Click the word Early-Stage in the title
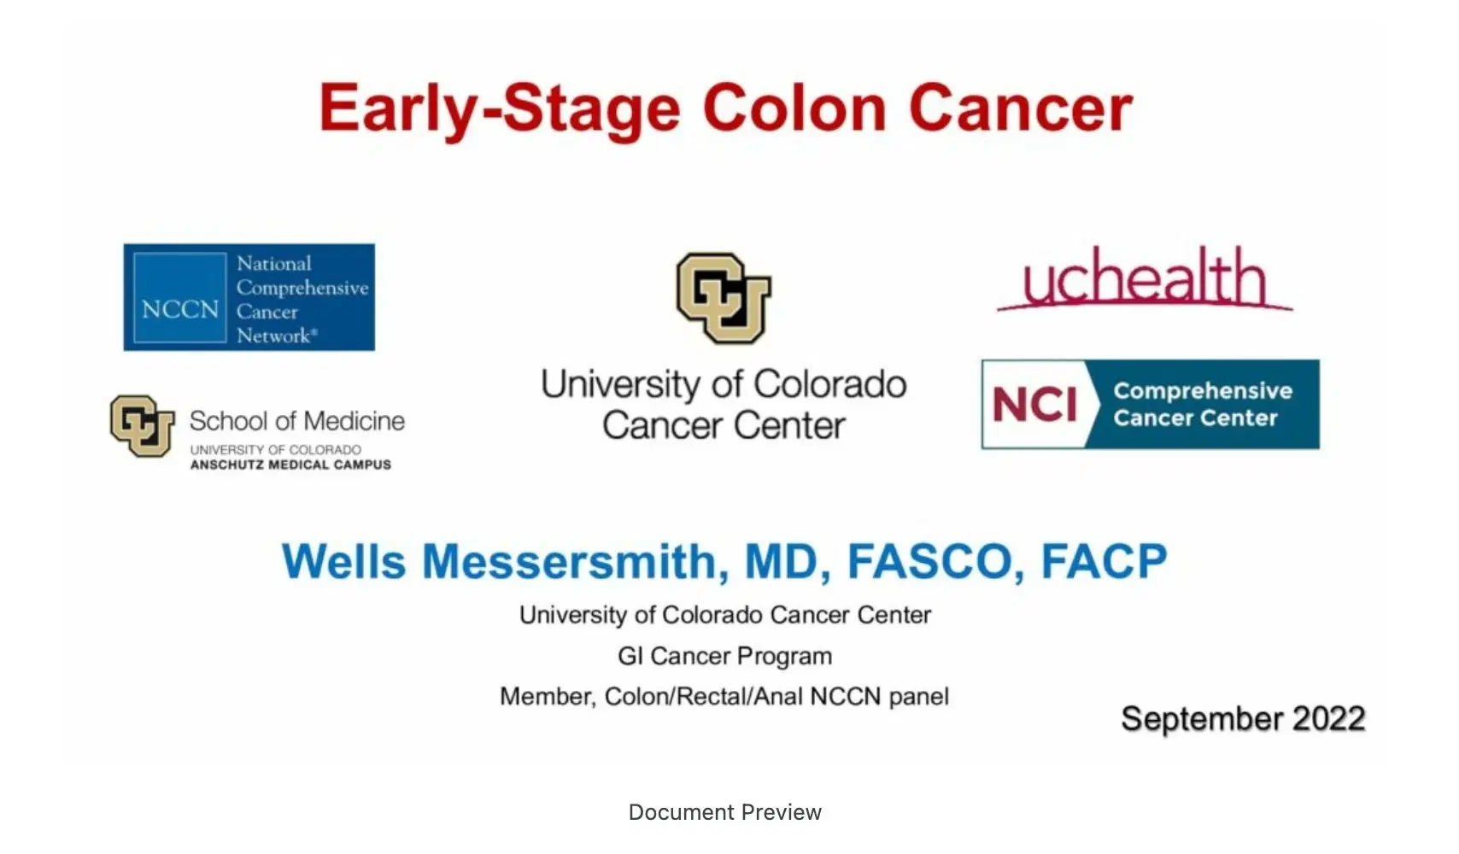tap(500, 110)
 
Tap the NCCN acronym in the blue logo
tap(180, 308)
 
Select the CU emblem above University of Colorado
tap(724, 298)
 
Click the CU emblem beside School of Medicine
tap(142, 425)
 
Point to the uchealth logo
tap(1144, 278)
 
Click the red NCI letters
tap(1034, 404)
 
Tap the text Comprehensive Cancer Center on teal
tap(1202, 404)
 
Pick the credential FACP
tap(1104, 562)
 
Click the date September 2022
tap(1243, 718)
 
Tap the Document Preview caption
tap(724, 812)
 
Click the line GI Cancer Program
tap(724, 656)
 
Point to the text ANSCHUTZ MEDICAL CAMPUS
tap(290, 465)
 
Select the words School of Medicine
tap(296, 421)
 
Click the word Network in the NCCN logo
tap(273, 336)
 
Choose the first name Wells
tap(343, 562)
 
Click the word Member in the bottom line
tap(546, 697)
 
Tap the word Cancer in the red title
tap(1021, 108)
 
